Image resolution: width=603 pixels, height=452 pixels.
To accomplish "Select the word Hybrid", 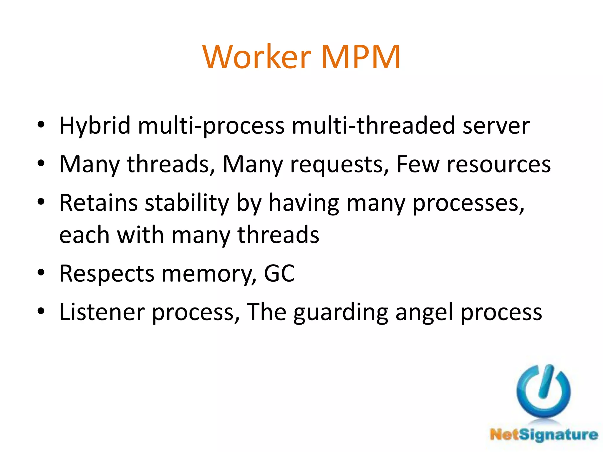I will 95,126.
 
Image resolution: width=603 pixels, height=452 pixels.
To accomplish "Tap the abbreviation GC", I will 279,274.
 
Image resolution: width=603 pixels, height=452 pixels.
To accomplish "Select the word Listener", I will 102,312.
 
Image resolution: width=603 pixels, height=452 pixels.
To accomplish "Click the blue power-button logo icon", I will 543,391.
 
